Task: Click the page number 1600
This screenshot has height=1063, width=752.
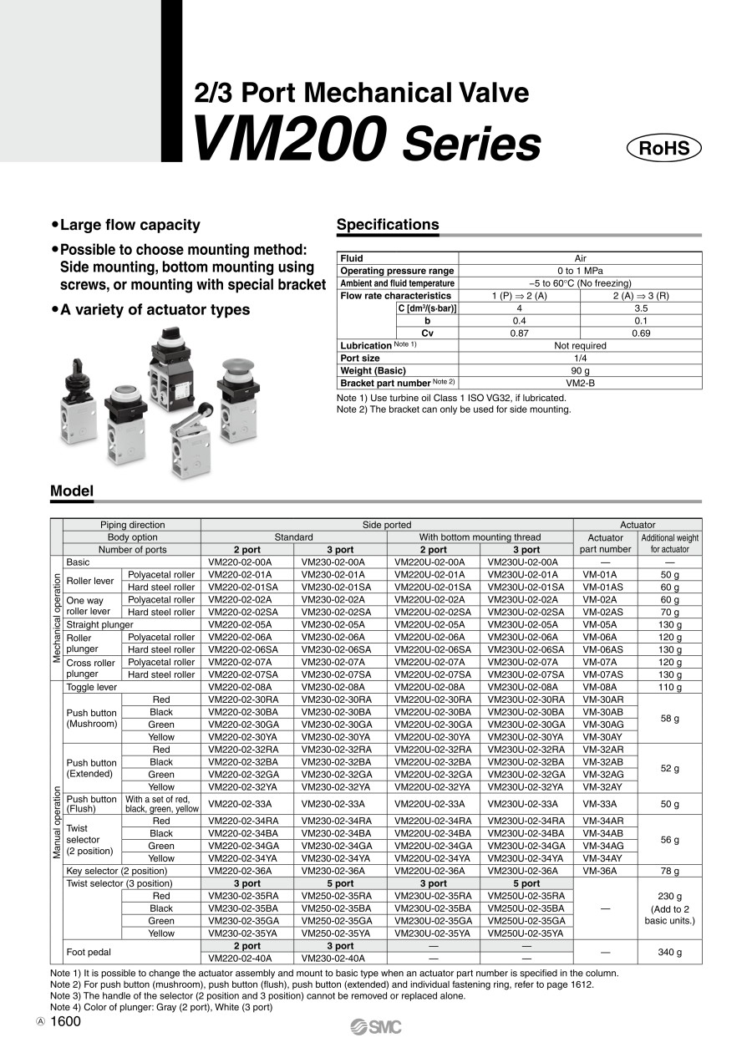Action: (x=66, y=1021)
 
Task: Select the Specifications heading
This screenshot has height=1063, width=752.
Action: (x=387, y=224)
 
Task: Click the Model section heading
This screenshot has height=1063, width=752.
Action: (x=72, y=491)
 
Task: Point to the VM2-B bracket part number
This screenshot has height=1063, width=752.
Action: (x=580, y=383)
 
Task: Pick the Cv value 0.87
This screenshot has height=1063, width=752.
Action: (x=519, y=333)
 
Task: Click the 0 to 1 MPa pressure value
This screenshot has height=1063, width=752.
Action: (x=580, y=271)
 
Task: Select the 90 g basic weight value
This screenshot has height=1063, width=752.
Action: (x=580, y=370)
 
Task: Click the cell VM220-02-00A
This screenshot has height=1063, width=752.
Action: (x=246, y=562)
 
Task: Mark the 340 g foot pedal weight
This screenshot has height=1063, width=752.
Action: (x=669, y=952)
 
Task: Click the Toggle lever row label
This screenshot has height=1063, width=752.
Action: (x=92, y=687)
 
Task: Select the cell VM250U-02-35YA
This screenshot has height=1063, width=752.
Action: (x=526, y=933)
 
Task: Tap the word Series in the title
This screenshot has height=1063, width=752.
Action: (x=472, y=144)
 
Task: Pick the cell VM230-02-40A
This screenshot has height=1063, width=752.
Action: (x=340, y=959)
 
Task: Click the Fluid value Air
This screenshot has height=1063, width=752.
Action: (x=580, y=258)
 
